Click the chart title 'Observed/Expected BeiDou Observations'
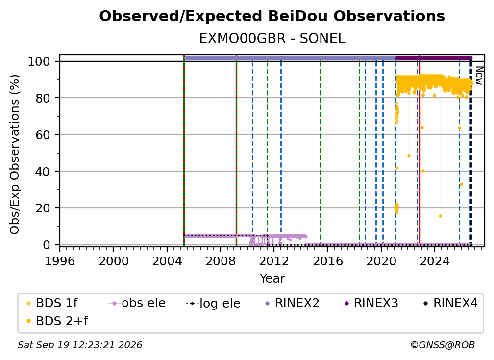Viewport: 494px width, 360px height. coord(272,16)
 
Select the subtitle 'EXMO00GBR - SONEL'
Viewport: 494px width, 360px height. coord(272,39)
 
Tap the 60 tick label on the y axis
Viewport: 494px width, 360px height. coord(43,135)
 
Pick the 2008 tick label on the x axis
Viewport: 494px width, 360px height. coord(220,261)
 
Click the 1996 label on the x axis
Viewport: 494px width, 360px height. coord(60,261)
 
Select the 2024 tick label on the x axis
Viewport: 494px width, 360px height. coord(434,261)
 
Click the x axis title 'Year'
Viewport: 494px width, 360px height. coord(272,279)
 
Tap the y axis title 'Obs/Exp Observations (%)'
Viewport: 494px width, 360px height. coord(15,154)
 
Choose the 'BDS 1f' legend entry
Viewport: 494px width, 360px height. coord(52,303)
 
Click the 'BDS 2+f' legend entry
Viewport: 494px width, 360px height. coord(57,321)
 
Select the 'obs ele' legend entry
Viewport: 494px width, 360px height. coord(137,303)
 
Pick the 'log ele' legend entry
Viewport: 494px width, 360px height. coord(213,304)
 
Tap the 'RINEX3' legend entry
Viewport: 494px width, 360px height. coord(371,303)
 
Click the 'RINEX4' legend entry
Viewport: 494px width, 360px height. coord(451,303)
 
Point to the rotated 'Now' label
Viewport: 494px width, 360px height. coord(479,76)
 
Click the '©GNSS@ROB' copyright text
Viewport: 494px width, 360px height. coord(443,345)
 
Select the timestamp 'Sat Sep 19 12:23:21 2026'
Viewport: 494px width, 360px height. coord(80,345)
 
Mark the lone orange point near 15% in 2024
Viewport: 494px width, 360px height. coord(440,216)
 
